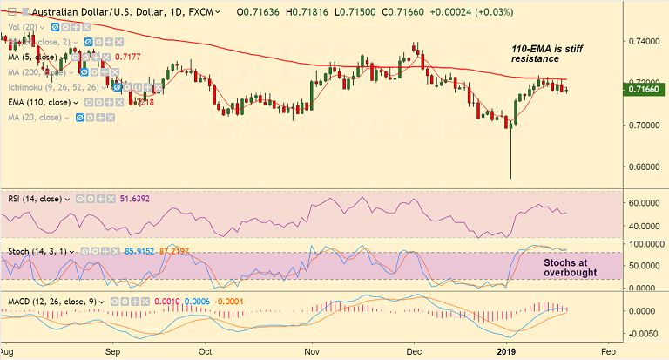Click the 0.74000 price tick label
642,41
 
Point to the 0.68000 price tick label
642,166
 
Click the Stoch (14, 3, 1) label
41,251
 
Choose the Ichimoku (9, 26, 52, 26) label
50,87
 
